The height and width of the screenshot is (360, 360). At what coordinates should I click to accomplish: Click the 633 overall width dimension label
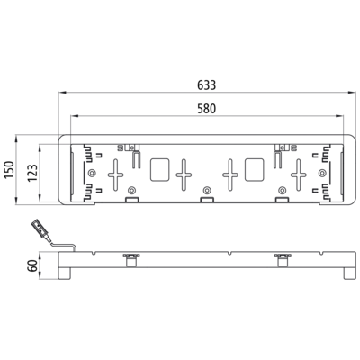click(206, 85)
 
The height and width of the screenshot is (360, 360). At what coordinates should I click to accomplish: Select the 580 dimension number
click(206, 109)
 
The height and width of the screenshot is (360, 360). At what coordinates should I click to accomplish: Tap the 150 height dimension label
click(9, 170)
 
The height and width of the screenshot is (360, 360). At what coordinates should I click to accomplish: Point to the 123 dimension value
click(32, 173)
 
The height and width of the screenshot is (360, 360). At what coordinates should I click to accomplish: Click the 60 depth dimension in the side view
click(32, 265)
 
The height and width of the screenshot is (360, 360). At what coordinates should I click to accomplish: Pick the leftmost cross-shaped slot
click(115, 175)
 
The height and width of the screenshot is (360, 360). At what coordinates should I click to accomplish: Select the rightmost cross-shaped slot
click(299, 175)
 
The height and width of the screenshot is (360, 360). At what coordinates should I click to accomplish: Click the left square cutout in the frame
click(159, 170)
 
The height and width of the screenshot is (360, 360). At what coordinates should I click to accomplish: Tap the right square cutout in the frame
click(255, 170)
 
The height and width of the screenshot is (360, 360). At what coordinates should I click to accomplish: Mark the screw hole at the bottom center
click(206, 190)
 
